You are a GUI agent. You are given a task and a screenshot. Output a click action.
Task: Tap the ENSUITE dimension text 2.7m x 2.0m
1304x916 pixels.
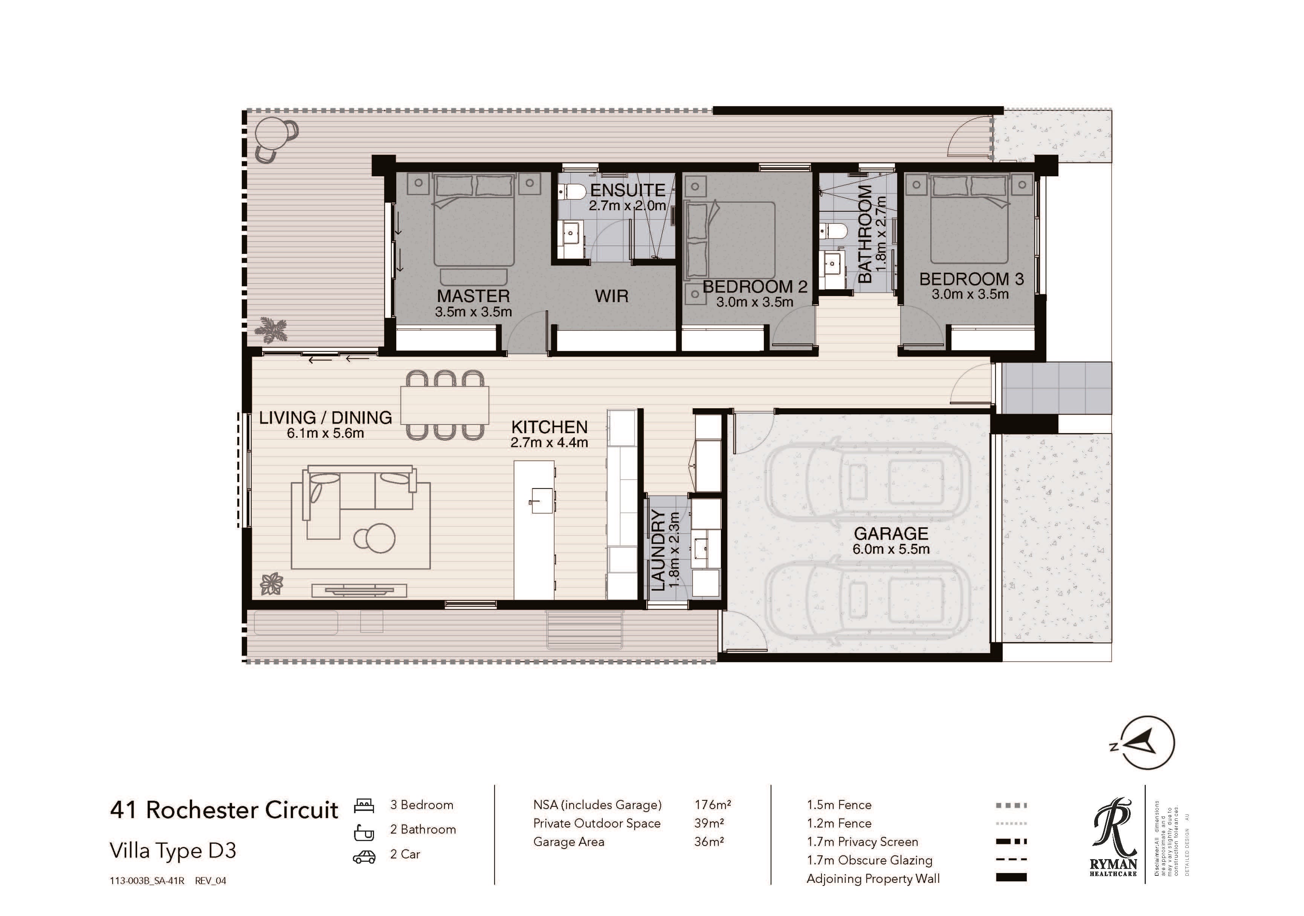pos(628,206)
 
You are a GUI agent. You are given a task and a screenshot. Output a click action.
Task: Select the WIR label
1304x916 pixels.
pos(612,296)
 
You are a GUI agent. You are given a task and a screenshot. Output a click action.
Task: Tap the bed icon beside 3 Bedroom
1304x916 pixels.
pos(364,805)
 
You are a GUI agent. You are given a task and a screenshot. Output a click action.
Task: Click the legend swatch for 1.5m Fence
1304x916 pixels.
pos(1011,805)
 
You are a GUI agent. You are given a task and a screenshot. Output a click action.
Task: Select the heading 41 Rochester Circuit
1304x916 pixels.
pos(224,810)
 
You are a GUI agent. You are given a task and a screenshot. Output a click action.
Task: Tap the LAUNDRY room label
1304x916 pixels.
pos(657,550)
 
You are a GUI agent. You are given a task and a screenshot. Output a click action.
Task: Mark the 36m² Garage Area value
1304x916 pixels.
pos(709,841)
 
